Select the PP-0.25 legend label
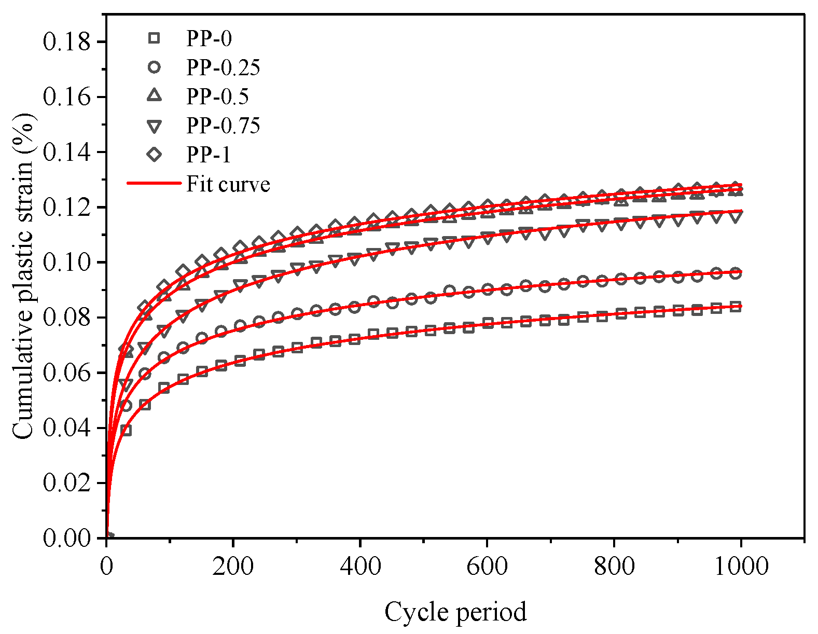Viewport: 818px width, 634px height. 223,67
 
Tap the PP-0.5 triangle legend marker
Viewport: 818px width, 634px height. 154,95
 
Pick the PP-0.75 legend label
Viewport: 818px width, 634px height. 223,126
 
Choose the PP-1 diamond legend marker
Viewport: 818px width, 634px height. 154,154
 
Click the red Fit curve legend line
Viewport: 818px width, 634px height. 154,183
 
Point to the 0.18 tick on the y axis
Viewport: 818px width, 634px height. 67,42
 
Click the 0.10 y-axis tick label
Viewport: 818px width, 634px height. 67,263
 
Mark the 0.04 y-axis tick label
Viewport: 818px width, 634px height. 67,428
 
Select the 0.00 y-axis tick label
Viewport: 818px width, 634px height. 67,539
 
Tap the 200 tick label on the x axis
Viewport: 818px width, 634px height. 233,566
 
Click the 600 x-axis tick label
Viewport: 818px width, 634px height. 487,566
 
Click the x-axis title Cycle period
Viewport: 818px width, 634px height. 455,612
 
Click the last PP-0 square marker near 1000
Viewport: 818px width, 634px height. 735,306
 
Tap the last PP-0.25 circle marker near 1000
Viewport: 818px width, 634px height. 735,273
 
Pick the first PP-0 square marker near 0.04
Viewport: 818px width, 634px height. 126,430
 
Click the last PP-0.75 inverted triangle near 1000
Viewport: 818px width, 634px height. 735,216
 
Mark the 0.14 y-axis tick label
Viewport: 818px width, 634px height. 67,153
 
